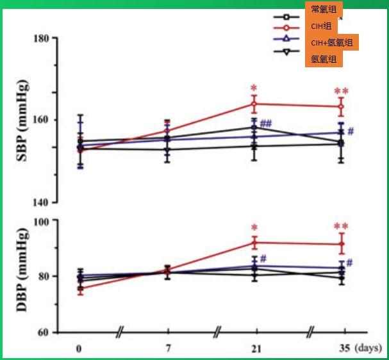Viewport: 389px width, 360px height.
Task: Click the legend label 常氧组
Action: coord(324,9)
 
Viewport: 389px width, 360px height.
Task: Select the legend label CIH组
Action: coord(320,26)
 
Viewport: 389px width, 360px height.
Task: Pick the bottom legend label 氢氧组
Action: coord(324,60)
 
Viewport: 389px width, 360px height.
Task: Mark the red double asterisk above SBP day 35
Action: coord(341,92)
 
